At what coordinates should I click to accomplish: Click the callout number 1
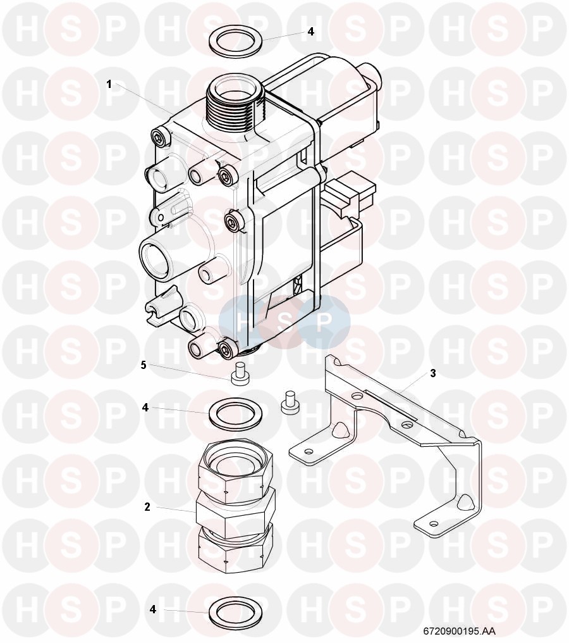[109, 84]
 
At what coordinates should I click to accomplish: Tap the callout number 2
[147, 507]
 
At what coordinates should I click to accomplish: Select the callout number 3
[433, 373]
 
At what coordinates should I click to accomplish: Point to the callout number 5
[144, 365]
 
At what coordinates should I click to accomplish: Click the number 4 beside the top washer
[311, 32]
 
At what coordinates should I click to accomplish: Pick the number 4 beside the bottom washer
[153, 609]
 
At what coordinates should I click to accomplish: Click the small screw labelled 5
[239, 375]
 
